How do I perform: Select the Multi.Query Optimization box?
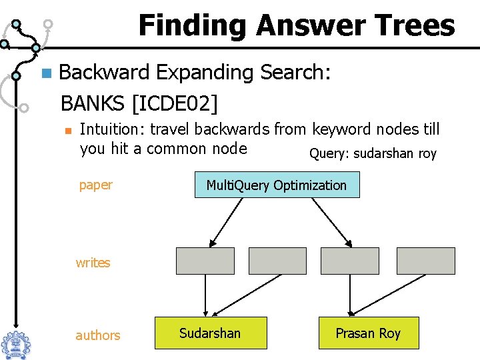[277, 185]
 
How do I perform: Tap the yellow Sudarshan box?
[211, 333]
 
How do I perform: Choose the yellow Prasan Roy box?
[368, 333]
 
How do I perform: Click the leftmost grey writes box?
[205, 261]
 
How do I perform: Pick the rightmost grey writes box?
[425, 261]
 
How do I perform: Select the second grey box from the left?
[277, 261]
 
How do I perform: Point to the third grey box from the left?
[350, 261]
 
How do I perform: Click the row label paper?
[96, 185]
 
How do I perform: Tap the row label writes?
[93, 263]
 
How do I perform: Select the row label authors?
[98, 335]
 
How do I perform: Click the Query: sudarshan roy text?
[373, 154]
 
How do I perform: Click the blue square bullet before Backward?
[45, 73]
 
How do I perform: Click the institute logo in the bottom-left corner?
[15, 343]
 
